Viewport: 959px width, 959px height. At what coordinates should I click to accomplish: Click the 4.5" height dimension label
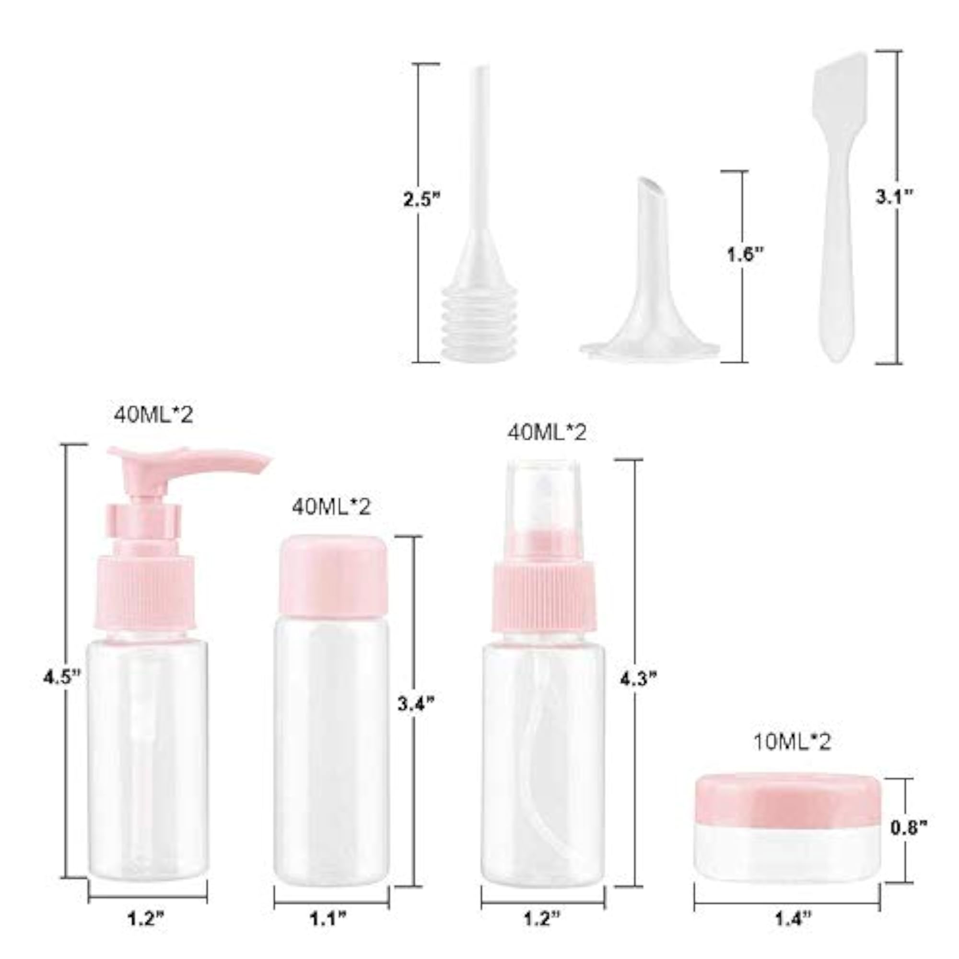61,677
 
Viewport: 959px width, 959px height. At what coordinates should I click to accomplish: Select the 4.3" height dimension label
639,679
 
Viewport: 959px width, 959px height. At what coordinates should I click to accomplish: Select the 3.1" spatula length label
894,197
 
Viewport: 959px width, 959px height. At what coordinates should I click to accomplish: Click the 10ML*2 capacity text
792,756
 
